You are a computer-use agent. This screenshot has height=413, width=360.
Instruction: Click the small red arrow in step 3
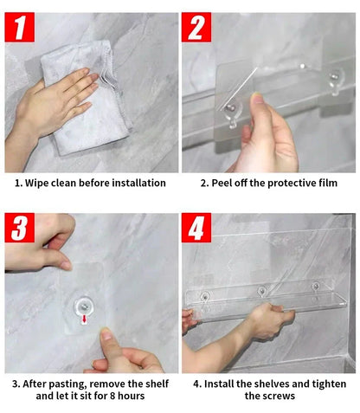point(84,319)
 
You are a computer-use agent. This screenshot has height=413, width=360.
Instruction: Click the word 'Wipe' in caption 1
point(40,184)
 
